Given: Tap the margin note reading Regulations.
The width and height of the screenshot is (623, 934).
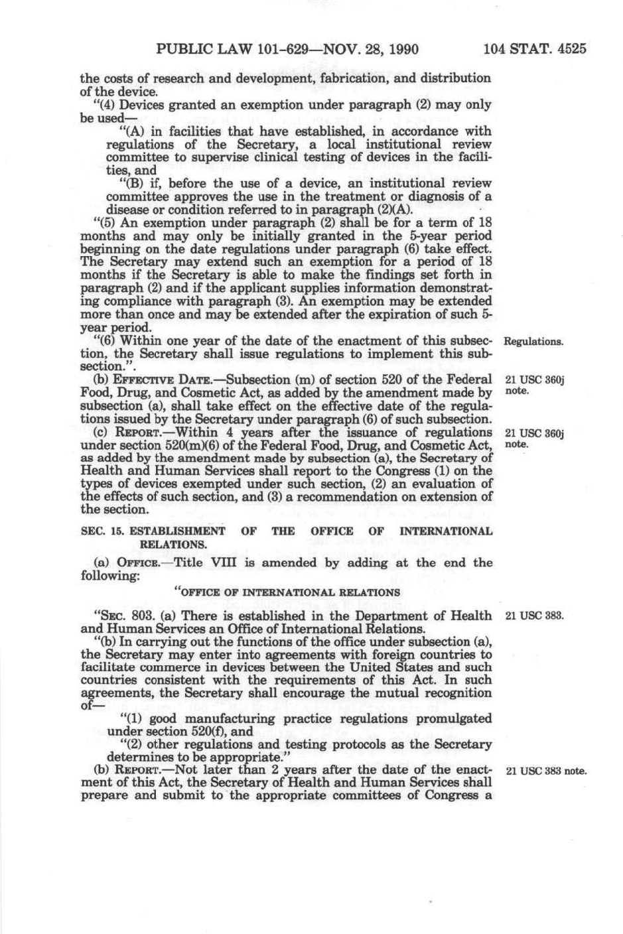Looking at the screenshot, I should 534,342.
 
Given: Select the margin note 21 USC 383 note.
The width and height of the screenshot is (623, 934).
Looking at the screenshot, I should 546,771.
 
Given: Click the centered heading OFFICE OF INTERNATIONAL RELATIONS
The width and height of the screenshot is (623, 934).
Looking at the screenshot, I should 287,592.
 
